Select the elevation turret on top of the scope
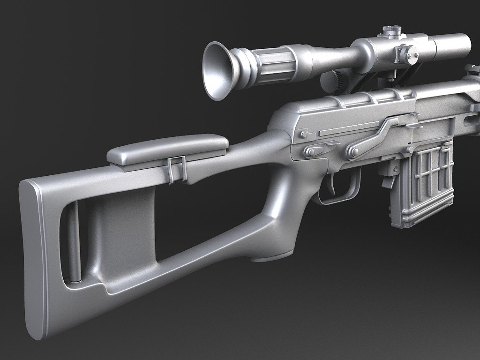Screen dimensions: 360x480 point(389,32)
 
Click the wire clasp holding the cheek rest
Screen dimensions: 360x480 point(176,169)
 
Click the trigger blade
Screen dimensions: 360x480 point(332,185)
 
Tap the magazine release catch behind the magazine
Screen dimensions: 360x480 point(389,180)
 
